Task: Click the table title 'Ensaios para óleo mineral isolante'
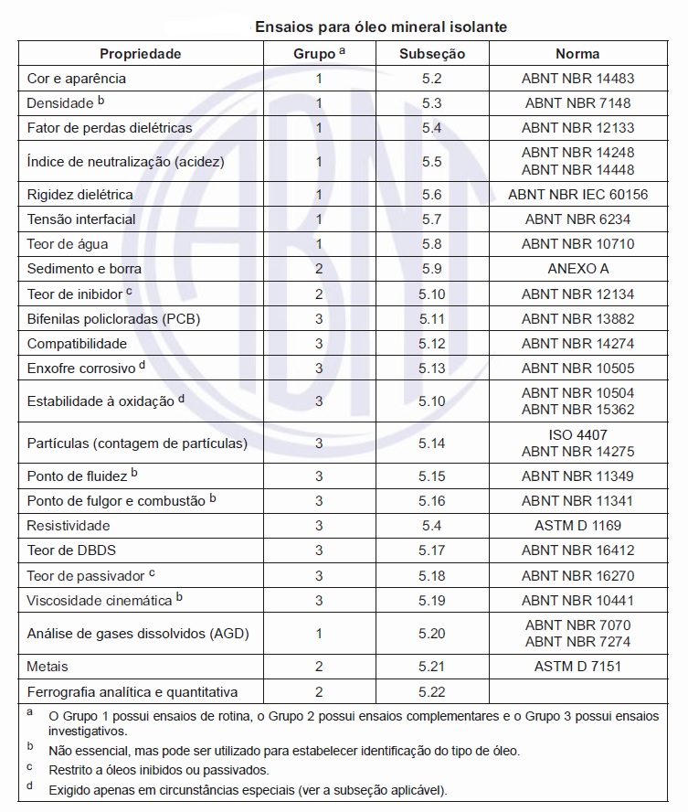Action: tap(381, 28)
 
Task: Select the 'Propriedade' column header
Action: tap(141, 54)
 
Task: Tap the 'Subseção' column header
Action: tap(432, 54)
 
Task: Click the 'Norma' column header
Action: tap(577, 54)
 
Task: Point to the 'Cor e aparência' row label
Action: tap(77, 79)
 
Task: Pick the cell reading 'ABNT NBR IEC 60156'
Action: tap(577, 195)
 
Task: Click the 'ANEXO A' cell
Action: tap(577, 269)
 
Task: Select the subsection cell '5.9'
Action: tap(432, 269)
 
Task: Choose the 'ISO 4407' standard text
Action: tap(577, 435)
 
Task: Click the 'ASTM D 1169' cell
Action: tap(577, 526)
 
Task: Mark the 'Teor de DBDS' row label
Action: tap(71, 550)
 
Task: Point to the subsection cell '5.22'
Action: tap(432, 692)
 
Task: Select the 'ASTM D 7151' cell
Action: tap(577, 667)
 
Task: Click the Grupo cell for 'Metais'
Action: tap(319, 667)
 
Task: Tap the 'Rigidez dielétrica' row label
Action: tap(80, 195)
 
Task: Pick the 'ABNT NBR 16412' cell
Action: tap(577, 550)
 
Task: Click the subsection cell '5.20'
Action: tap(432, 634)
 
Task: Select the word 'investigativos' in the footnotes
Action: tap(90, 732)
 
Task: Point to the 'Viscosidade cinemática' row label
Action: tap(100, 601)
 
